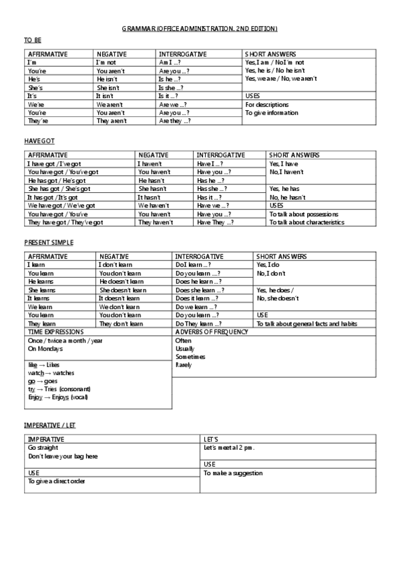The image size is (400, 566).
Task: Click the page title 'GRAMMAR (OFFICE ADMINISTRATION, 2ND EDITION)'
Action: (x=200, y=29)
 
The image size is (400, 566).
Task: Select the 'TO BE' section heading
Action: (x=32, y=41)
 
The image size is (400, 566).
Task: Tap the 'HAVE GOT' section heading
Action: (x=39, y=141)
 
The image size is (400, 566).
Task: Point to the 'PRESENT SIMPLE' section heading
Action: (x=49, y=242)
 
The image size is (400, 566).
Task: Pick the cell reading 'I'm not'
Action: (x=106, y=62)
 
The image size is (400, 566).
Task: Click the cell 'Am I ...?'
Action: (x=170, y=62)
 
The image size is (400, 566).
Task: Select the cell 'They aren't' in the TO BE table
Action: (x=111, y=121)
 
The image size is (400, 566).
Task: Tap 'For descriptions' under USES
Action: (x=267, y=105)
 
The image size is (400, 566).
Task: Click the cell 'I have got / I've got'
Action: (x=53, y=164)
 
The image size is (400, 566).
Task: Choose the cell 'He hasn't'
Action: (x=152, y=180)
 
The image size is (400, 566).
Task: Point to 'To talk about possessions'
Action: (x=304, y=214)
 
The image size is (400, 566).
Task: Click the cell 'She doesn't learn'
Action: (x=123, y=290)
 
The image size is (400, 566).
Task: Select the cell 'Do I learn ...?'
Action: (x=193, y=265)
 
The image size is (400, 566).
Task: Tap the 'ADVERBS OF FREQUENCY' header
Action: (x=208, y=332)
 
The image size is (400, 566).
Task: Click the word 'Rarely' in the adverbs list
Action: (x=183, y=365)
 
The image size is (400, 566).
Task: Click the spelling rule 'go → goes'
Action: (x=41, y=380)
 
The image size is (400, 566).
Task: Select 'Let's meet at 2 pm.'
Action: (x=229, y=448)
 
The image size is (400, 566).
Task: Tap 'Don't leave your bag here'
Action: (x=63, y=457)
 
